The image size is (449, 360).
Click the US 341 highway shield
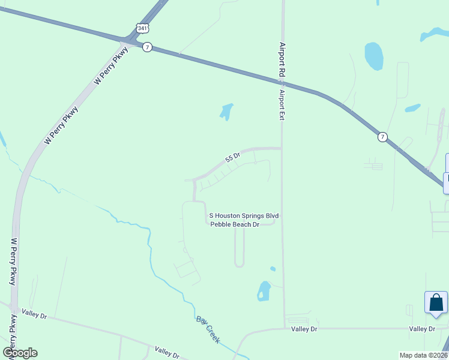pos(142,28)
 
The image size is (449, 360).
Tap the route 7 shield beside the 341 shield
pos(147,47)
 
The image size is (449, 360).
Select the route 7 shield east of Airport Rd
pos(382,137)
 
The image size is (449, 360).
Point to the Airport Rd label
pos(282,58)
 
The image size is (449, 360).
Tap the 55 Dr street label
pos(232,158)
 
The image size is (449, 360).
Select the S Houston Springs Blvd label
pos(244,215)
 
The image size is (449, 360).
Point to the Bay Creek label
pos(208,329)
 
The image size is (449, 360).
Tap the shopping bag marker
pos(436,303)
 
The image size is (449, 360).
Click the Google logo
pos(20,353)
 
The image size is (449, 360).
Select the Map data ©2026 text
pos(423,355)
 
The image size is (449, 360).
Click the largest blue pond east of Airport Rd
pos(373,56)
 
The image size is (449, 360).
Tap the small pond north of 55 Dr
pos(226,111)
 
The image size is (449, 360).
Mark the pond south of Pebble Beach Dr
pos(264,291)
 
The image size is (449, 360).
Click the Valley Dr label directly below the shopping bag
pos(422,329)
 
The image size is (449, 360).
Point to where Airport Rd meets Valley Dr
pos(285,328)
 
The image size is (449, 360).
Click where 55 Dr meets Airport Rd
pos(282,148)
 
